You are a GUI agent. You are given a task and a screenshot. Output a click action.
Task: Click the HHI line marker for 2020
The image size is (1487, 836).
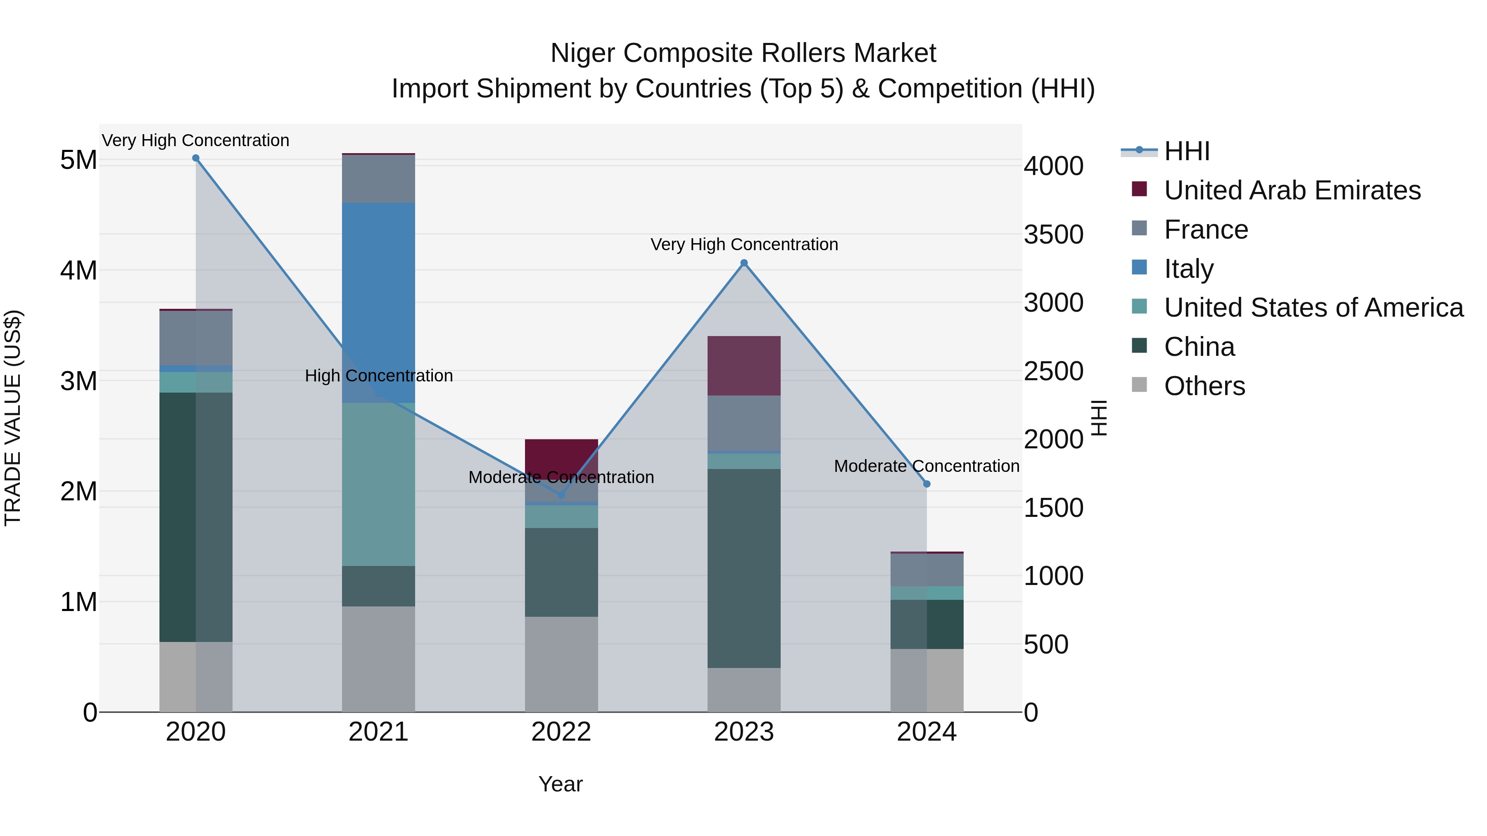pyautogui.click(x=196, y=158)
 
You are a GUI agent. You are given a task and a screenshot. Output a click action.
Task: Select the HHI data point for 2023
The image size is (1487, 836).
pyautogui.click(x=744, y=263)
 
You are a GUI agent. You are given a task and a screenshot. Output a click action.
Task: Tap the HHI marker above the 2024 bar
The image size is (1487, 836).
pyautogui.click(x=927, y=484)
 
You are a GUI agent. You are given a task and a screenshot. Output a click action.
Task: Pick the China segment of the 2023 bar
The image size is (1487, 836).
pyautogui.click(x=744, y=568)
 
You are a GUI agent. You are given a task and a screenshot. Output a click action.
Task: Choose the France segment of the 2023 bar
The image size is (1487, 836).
pyautogui.click(x=744, y=423)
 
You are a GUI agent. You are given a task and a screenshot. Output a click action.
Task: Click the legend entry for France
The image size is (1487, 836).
pyautogui.click(x=1206, y=230)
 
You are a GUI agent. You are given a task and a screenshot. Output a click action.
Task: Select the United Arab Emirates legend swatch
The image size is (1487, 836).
pyautogui.click(x=1140, y=189)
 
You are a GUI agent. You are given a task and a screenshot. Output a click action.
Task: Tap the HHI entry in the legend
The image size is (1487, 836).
pyautogui.click(x=1186, y=151)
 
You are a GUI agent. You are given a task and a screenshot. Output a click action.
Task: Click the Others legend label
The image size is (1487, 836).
pyautogui.click(x=1204, y=386)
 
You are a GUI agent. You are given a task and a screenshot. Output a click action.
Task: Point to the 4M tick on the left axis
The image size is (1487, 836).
pyautogui.click(x=78, y=270)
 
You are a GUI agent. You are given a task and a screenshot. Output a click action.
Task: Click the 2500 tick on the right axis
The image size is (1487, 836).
pyautogui.click(x=1053, y=371)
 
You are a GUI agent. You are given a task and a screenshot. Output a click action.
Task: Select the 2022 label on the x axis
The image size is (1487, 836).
pyautogui.click(x=561, y=732)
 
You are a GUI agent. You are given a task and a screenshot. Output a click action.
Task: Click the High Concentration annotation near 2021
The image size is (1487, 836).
pyautogui.click(x=379, y=376)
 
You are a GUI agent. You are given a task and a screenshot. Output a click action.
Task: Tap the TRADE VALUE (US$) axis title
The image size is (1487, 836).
pyautogui.click(x=13, y=418)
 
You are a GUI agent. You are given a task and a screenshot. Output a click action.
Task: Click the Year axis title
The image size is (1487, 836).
pyautogui.click(x=561, y=784)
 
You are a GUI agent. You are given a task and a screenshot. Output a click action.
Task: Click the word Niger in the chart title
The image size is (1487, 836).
pyautogui.click(x=582, y=53)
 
